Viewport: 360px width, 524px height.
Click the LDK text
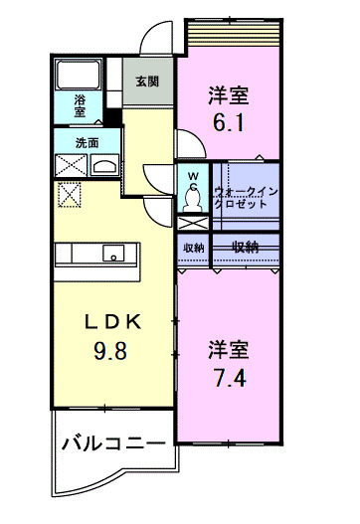(109, 322)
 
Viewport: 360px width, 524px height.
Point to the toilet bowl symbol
(193, 202)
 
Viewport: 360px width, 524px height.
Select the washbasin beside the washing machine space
(104, 165)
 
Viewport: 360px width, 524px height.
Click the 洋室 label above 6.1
(228, 95)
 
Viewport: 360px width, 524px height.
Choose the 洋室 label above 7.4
(228, 350)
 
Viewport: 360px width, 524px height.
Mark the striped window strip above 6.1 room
(236, 37)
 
